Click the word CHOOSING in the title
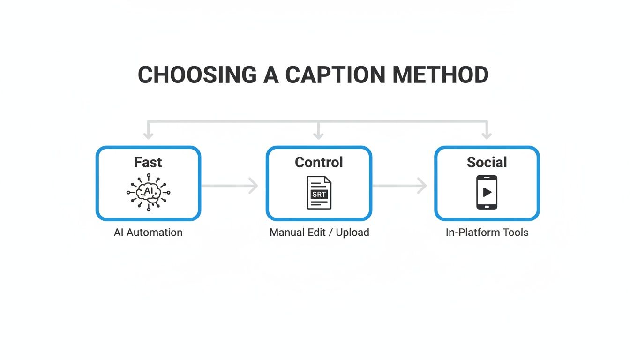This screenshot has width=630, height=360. pyautogui.click(x=197, y=75)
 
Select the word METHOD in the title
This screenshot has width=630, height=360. pyautogui.click(x=440, y=75)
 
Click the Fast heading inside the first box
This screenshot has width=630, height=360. pyautogui.click(x=148, y=162)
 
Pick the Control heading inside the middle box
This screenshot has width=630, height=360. pyautogui.click(x=319, y=162)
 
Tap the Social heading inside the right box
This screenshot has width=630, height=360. pyautogui.click(x=487, y=162)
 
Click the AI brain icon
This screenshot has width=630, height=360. pyautogui.click(x=149, y=192)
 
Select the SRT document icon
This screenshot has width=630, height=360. pyautogui.click(x=319, y=193)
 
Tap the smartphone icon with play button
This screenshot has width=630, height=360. pyautogui.click(x=487, y=192)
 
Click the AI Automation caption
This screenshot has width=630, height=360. pyautogui.click(x=148, y=232)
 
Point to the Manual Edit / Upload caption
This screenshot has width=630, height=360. pyautogui.click(x=319, y=232)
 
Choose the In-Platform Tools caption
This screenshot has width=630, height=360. pyautogui.click(x=487, y=232)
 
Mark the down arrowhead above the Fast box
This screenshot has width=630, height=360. pyautogui.click(x=149, y=135)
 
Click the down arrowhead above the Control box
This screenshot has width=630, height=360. pyautogui.click(x=319, y=135)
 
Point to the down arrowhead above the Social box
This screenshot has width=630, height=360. pyautogui.click(x=487, y=135)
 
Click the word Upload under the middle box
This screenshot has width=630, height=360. pyautogui.click(x=352, y=232)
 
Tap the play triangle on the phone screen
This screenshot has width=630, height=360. pyautogui.click(x=487, y=192)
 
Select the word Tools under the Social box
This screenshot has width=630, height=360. pyautogui.click(x=515, y=232)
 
